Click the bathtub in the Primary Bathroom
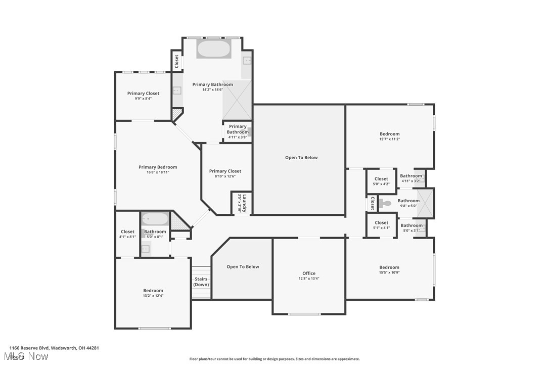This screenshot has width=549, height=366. (x=213, y=49)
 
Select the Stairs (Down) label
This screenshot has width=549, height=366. (x=201, y=282)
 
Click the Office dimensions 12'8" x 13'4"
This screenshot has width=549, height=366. (x=309, y=279)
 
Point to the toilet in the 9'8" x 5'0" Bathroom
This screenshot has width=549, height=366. (x=385, y=203)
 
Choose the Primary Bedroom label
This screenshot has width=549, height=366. (x=158, y=167)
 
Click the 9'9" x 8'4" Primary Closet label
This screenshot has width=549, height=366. (x=143, y=94)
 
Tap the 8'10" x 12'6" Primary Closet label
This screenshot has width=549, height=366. (x=225, y=171)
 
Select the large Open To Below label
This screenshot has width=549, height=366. (x=301, y=158)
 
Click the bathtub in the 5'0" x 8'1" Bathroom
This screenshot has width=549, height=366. (x=155, y=219)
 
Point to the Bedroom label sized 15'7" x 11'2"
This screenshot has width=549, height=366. (x=389, y=134)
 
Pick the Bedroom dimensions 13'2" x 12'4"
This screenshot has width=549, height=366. (x=153, y=296)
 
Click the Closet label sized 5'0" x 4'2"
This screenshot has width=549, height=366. (x=381, y=179)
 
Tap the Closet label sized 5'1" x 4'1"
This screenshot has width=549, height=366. (x=381, y=223)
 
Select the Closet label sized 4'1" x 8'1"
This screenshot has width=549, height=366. (x=127, y=232)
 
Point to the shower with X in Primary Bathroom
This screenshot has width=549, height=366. (x=237, y=99)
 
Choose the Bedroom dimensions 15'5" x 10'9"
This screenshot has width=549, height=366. (x=389, y=273)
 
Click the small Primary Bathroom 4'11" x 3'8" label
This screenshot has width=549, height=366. (x=238, y=129)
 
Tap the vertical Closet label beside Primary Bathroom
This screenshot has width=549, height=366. (x=176, y=62)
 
